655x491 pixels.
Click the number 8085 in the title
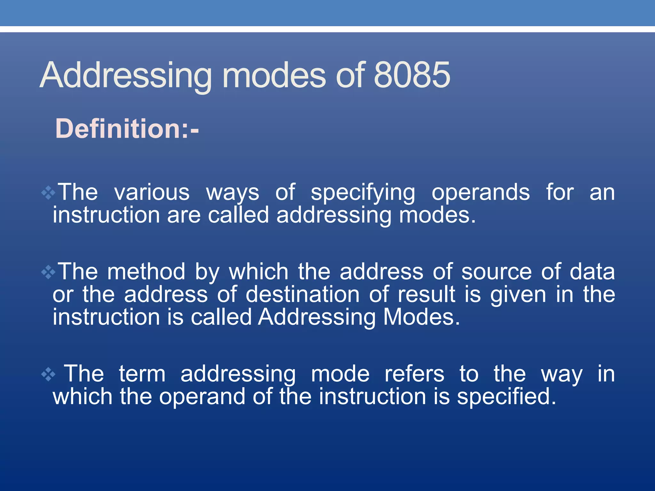pyautogui.click(x=412, y=75)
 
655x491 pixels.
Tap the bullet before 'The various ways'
pyautogui.click(x=48, y=193)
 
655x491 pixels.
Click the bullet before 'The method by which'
pyautogui.click(x=48, y=272)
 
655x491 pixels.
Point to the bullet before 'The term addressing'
pyautogui.click(x=48, y=374)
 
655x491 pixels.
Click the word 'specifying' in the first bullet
pyautogui.click(x=363, y=193)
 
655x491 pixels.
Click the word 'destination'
pyautogui.click(x=303, y=294)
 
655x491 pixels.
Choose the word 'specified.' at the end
pyautogui.click(x=507, y=397)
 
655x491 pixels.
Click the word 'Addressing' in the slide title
pyautogui.click(x=126, y=75)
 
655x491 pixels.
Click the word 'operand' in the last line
pyautogui.click(x=202, y=397)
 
